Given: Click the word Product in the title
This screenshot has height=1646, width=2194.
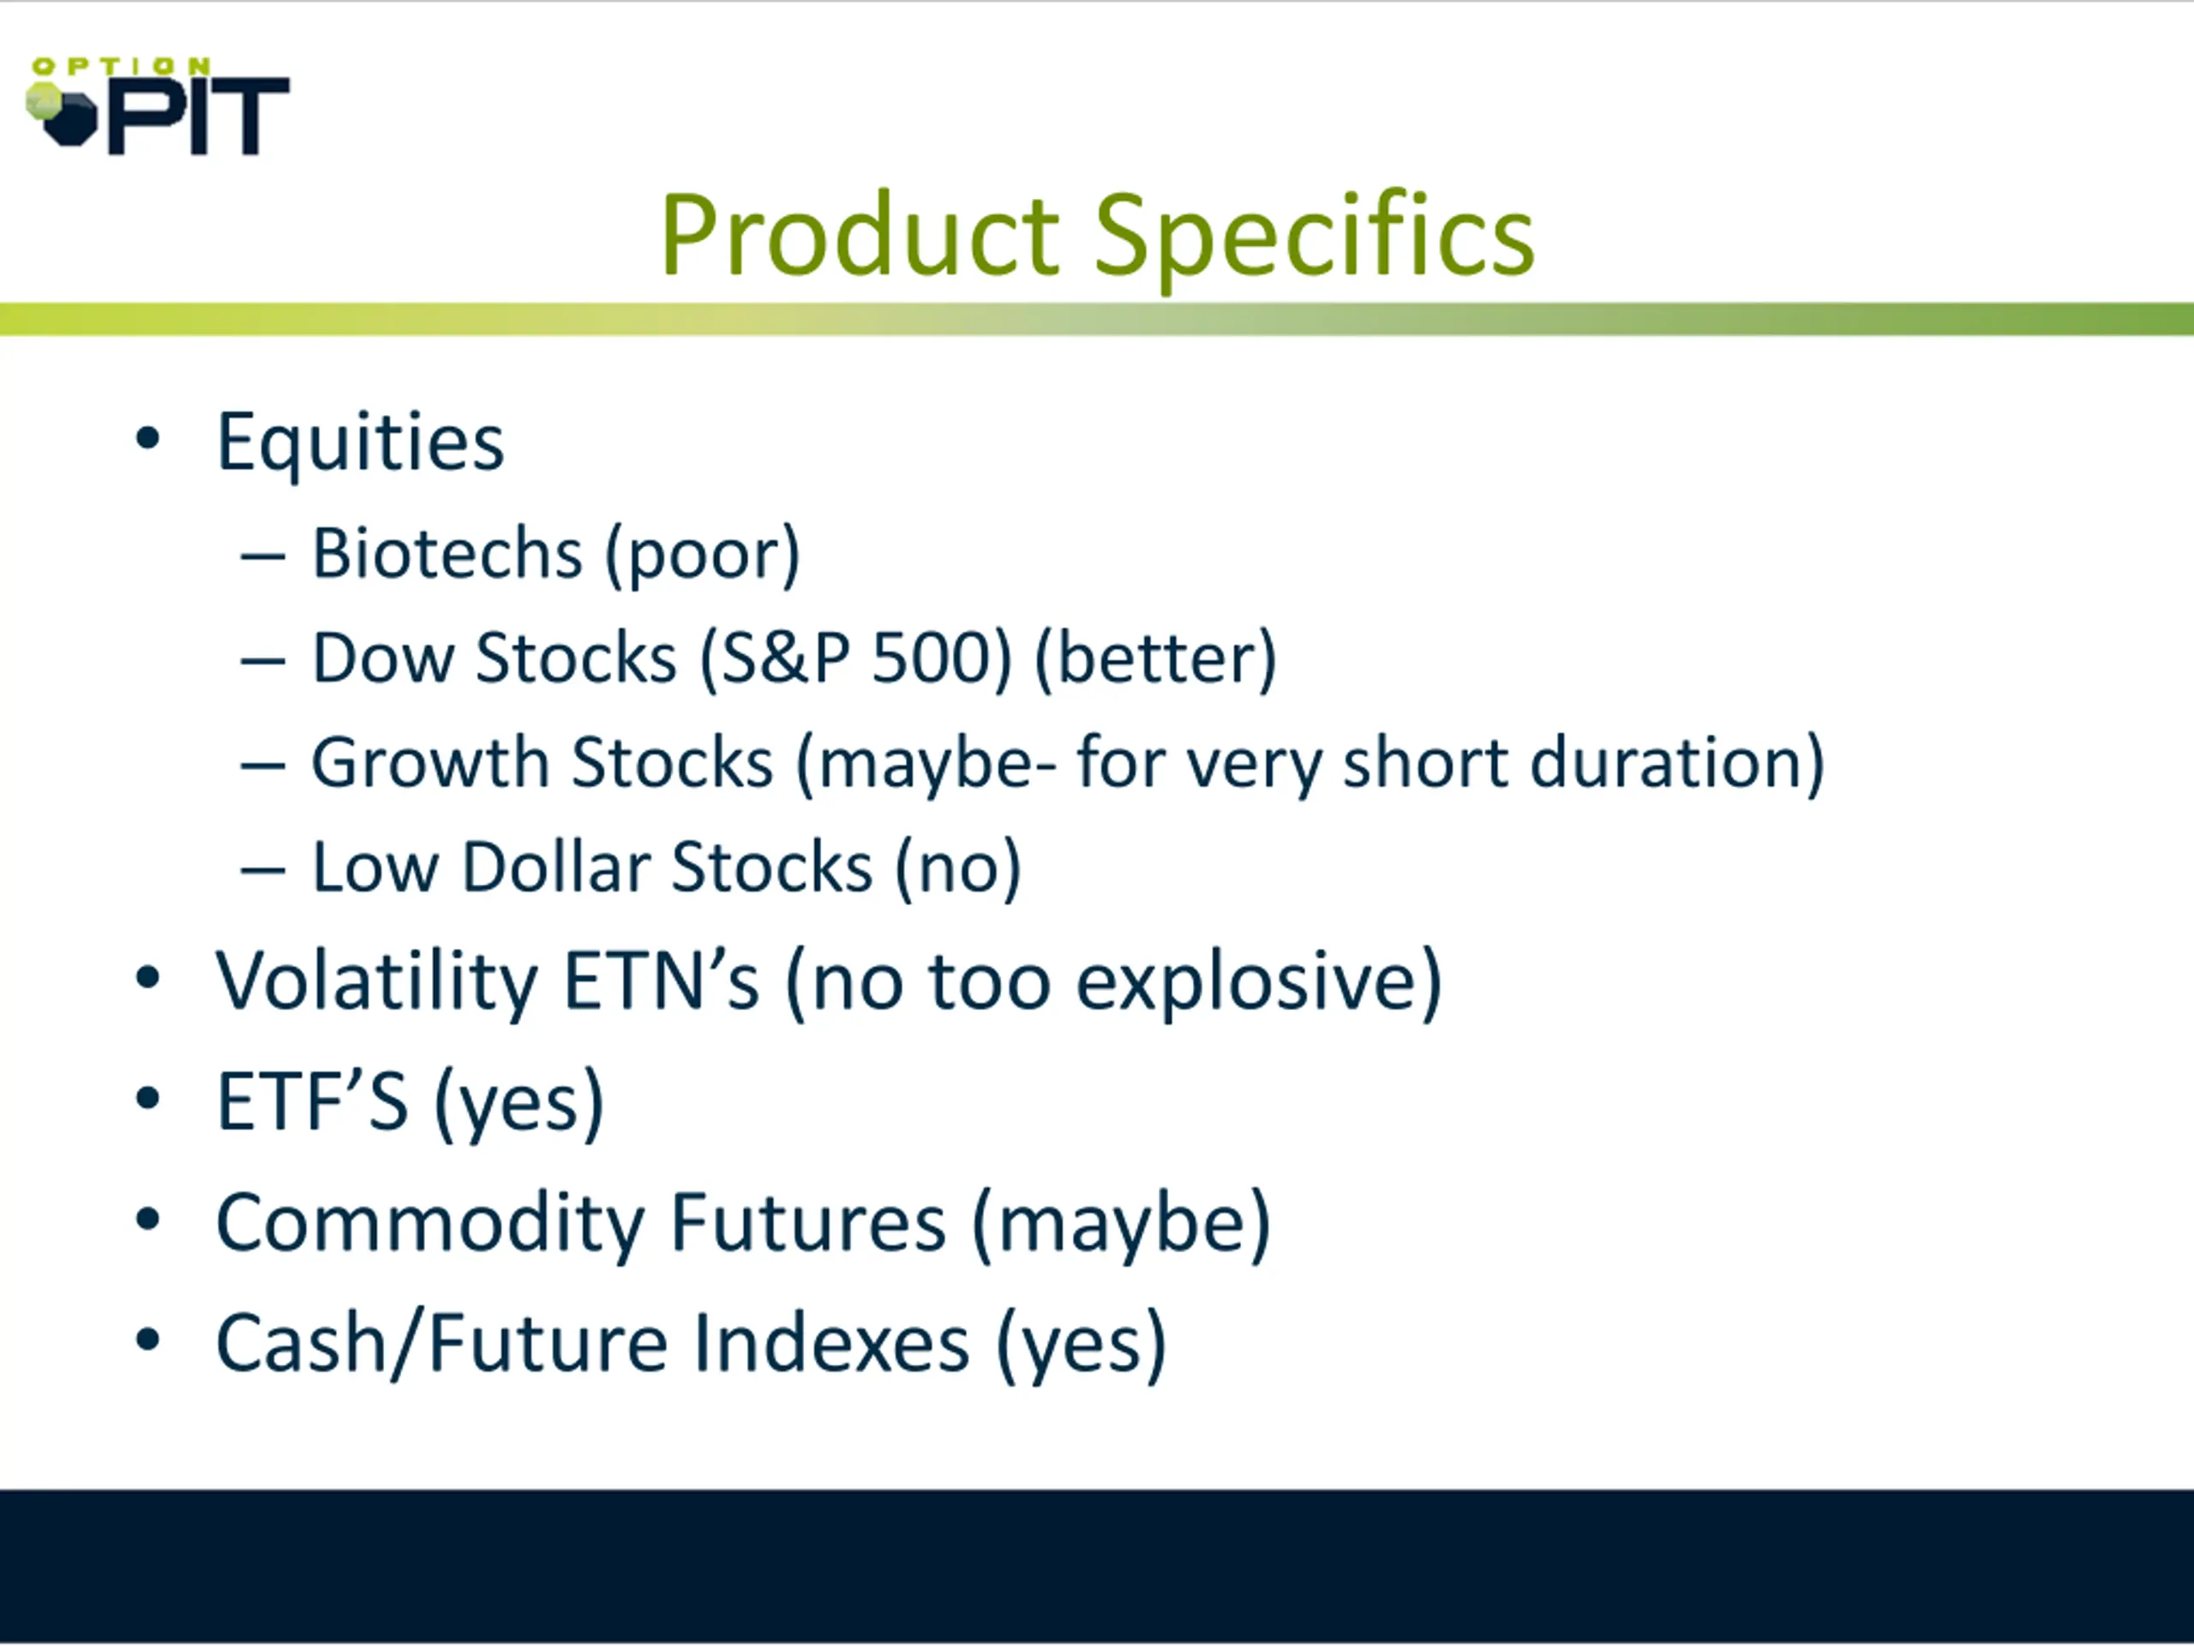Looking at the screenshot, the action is [860, 235].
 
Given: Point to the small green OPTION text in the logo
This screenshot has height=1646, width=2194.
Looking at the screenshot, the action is [121, 67].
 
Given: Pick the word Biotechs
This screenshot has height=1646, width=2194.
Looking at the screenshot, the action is [447, 553].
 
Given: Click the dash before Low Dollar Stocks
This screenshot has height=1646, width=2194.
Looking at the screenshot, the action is [263, 870].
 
